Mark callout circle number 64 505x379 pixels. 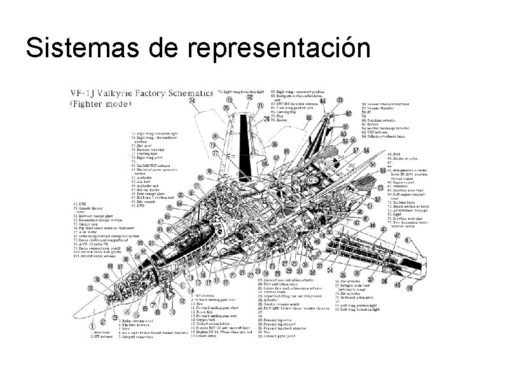pos(322,101)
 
